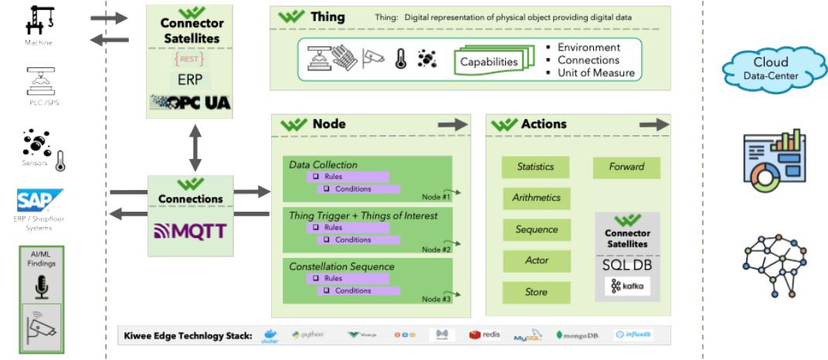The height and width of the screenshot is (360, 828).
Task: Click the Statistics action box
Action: click(x=536, y=167)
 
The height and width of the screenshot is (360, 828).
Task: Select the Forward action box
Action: click(x=626, y=167)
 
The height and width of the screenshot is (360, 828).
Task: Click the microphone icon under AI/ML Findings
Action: click(x=42, y=287)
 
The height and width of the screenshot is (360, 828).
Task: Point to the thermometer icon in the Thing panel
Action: click(x=400, y=59)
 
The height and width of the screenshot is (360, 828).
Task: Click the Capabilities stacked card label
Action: click(x=489, y=61)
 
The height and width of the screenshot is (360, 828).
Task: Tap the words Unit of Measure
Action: click(x=596, y=73)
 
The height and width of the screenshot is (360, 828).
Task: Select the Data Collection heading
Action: click(x=323, y=165)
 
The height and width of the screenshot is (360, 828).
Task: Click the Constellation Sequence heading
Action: click(x=341, y=267)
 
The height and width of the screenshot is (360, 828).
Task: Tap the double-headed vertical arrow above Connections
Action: click(x=195, y=146)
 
